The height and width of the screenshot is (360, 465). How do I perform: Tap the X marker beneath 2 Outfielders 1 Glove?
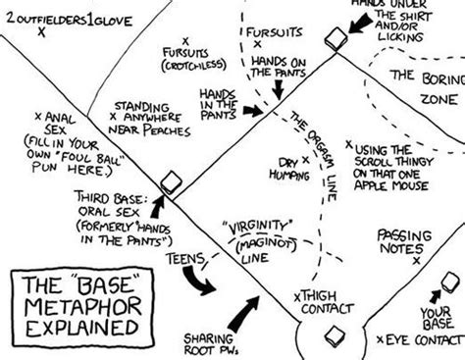tap(41, 31)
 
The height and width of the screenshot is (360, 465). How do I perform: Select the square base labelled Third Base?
tap(172, 182)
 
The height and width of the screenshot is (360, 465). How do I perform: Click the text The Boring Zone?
tap(425, 88)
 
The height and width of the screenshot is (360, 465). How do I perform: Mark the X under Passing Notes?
tap(417, 262)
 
